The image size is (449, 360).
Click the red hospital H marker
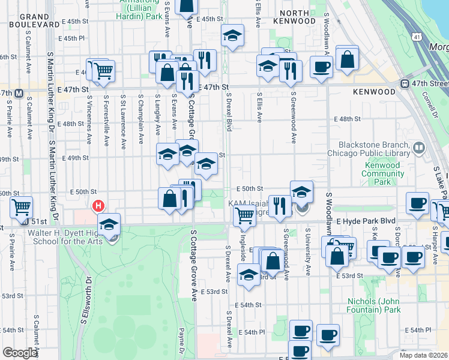(x=98, y=206)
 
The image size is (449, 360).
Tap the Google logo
(x=20, y=353)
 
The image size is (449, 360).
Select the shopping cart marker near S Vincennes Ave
(x=104, y=71)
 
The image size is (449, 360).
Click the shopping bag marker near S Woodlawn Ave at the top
(x=347, y=58)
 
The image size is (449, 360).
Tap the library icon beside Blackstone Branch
(x=419, y=146)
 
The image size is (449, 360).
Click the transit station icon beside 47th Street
(x=405, y=84)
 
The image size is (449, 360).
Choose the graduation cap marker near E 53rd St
(x=247, y=275)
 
